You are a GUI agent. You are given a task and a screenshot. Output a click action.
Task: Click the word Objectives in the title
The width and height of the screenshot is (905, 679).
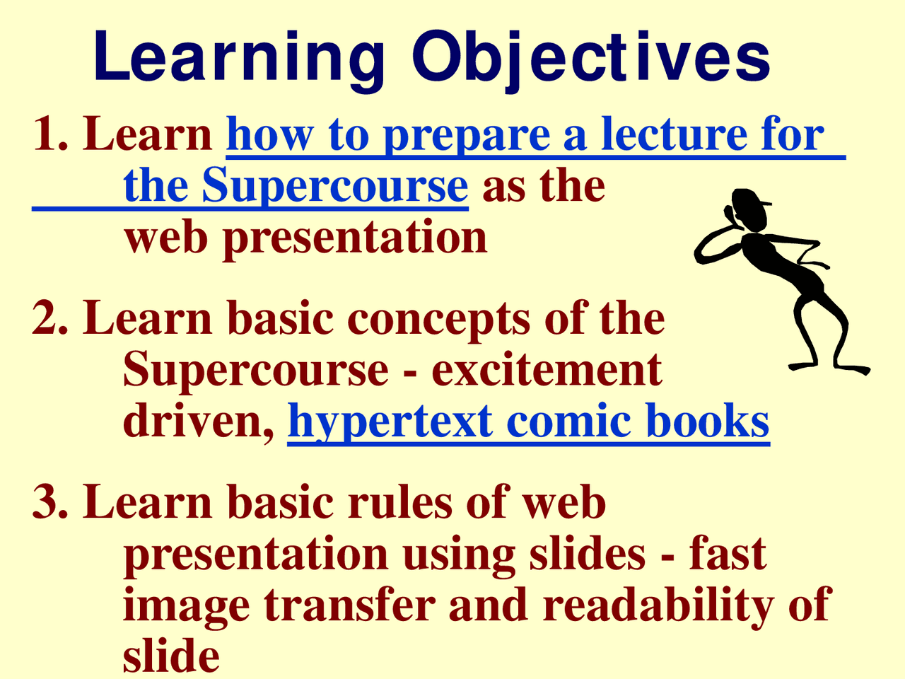pyautogui.click(x=591, y=57)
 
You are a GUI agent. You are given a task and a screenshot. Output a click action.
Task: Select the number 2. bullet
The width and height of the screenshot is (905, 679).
pyautogui.click(x=51, y=318)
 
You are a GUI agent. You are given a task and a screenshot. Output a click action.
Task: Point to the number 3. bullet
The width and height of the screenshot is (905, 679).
pyautogui.click(x=51, y=502)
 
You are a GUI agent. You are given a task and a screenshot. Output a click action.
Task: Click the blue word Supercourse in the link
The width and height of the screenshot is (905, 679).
pyautogui.click(x=334, y=186)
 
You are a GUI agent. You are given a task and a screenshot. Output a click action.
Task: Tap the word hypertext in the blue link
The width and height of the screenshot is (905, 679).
pyautogui.click(x=390, y=422)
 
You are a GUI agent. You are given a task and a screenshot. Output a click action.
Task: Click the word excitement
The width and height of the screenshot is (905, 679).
pyautogui.click(x=547, y=369)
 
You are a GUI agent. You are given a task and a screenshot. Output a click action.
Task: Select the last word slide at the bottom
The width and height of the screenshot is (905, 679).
pyautogui.click(x=171, y=656)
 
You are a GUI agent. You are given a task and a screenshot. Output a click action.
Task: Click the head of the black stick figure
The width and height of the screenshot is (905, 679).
pyautogui.click(x=748, y=209)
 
